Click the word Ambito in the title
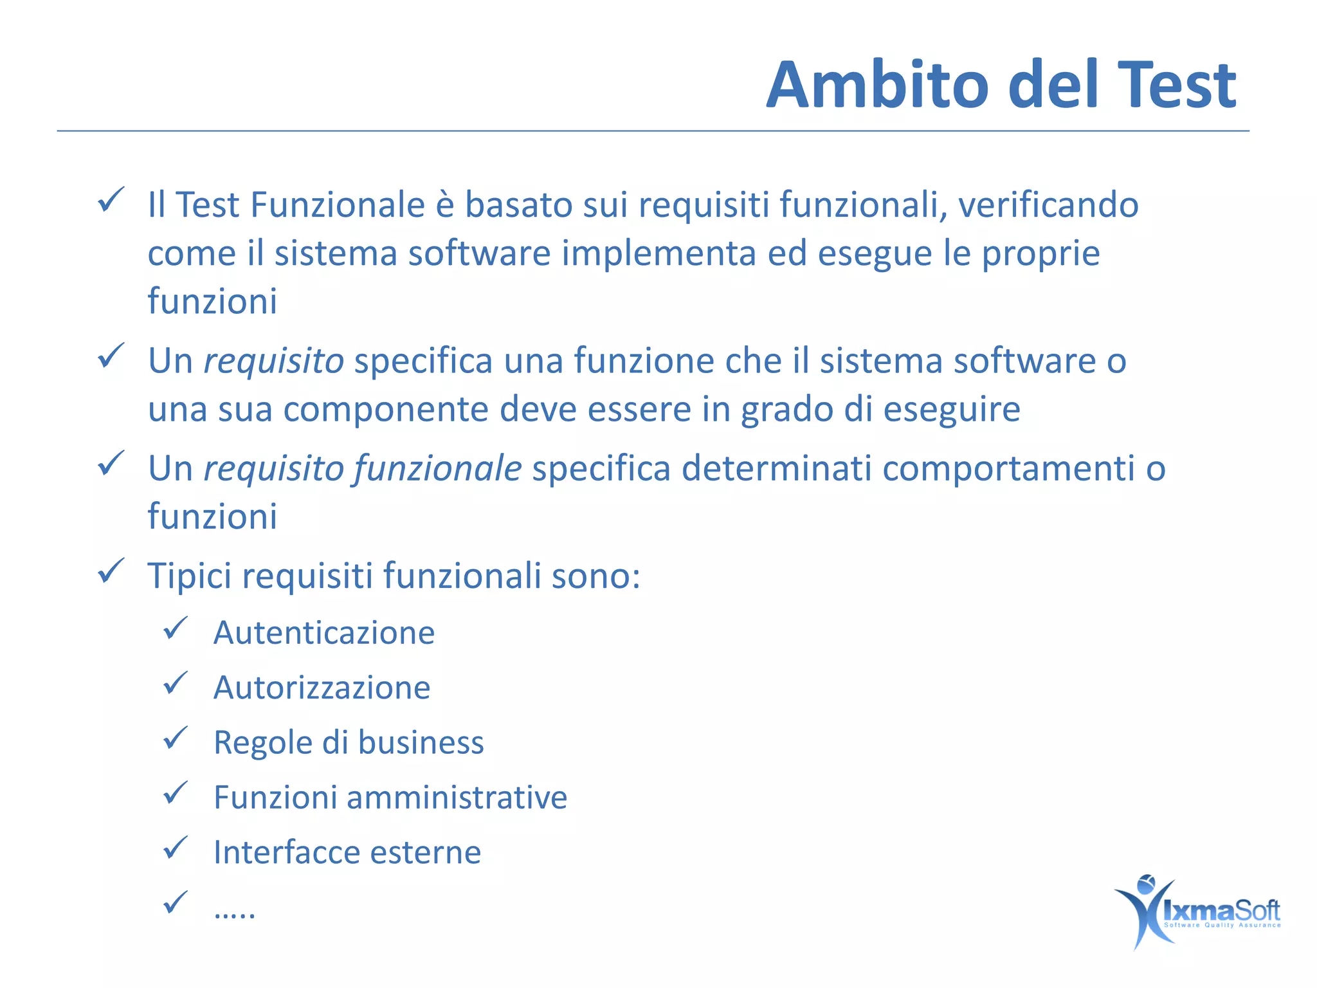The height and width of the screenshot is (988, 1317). point(878,85)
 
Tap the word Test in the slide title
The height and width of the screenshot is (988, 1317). point(1177,85)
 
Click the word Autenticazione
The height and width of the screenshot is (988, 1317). point(324,633)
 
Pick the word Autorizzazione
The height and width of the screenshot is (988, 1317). point(322,688)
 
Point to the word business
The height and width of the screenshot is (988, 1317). point(421,743)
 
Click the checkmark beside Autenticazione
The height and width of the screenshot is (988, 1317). point(175,628)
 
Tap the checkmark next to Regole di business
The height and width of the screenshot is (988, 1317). point(175,738)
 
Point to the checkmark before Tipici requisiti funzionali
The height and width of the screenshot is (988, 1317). point(111,571)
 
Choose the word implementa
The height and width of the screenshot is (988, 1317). point(658,253)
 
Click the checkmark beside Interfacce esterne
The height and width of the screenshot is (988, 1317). point(175,848)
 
